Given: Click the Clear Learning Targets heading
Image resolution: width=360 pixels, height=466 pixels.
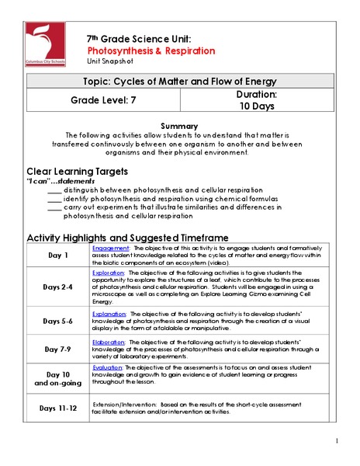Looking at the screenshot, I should coord(77,171).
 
